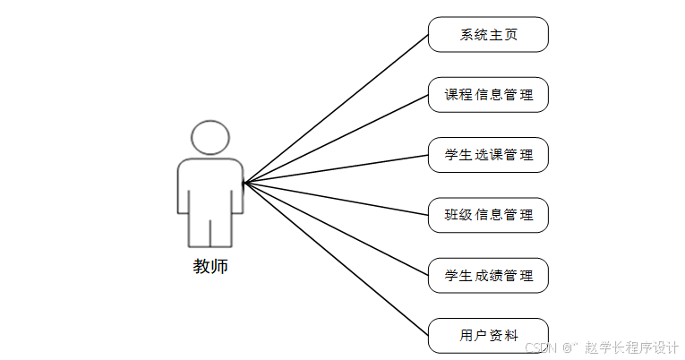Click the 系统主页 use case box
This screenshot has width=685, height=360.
point(488,35)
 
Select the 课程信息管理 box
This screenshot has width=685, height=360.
point(488,95)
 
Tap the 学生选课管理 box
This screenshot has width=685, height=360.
point(488,155)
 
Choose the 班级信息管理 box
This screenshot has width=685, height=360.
point(488,215)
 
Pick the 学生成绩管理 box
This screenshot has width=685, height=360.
point(488,275)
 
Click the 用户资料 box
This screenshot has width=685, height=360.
point(488,336)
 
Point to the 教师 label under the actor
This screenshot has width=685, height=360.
point(210,266)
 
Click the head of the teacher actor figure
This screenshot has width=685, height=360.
point(210,138)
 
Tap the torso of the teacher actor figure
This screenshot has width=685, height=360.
point(210,188)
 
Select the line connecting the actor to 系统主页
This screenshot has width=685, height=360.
point(336,108)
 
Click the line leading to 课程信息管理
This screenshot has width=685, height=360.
point(336,139)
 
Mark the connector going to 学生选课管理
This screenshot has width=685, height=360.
point(336,169)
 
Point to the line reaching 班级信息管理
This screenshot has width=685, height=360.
point(336,199)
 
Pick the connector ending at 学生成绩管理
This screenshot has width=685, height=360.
point(336,228)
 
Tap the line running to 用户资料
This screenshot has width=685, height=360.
point(336,259)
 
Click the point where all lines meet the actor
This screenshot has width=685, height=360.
point(244,183)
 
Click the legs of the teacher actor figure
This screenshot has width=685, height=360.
point(210,231)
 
